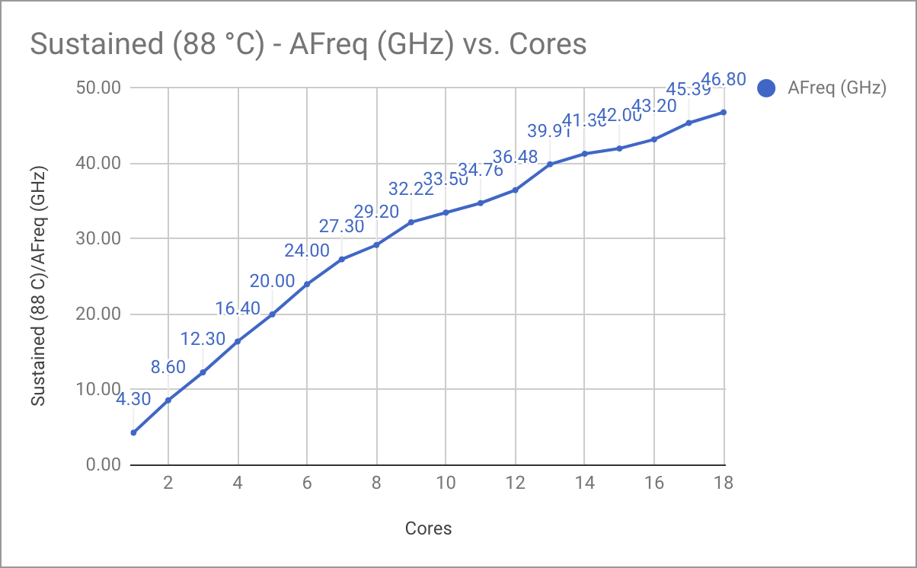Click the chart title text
coord(308,44)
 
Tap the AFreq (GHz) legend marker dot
coord(767,88)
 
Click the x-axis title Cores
coord(428,528)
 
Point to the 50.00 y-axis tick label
coord(100,88)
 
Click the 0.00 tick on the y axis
coord(104,464)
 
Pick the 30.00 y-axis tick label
coord(100,238)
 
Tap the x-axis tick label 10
coord(446,483)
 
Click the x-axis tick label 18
coord(723,483)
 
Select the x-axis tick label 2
coord(168,483)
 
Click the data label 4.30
coord(133,398)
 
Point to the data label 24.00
coord(307,250)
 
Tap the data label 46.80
coord(723,78)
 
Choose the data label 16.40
coord(238,308)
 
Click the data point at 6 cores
coord(307,284)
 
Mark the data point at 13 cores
coord(550,164)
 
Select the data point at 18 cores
coord(723,112)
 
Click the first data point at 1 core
coord(133,432)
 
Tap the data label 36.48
coord(515,157)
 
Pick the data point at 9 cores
coord(411,222)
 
